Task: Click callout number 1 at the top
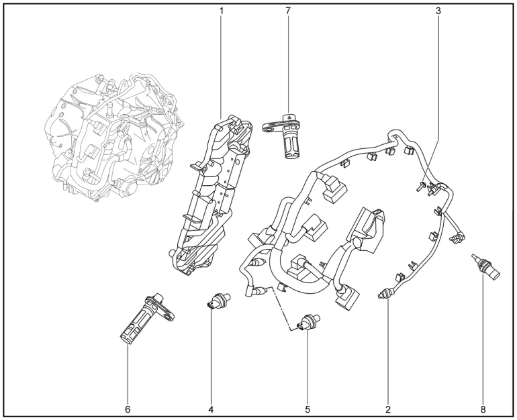220,11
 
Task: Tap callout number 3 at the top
438,11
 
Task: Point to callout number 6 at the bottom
128,408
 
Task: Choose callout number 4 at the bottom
211,408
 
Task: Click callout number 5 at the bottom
308,408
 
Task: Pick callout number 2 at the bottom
388,408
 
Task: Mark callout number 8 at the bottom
482,408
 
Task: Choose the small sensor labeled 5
308,323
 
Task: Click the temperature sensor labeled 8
485,268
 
